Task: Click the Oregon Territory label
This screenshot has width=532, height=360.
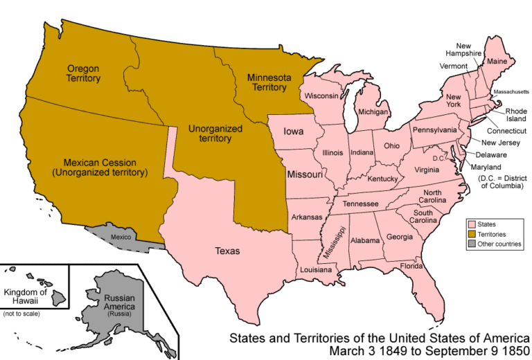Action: (84, 73)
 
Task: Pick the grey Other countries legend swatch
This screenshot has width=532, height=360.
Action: (472, 244)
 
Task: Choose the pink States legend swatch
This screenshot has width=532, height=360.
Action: (472, 224)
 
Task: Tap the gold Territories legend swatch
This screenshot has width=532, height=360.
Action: (472, 234)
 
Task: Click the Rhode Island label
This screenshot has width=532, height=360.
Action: (515, 114)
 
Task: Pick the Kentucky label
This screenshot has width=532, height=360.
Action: (382, 179)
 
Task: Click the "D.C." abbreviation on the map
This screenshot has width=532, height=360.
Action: (437, 158)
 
